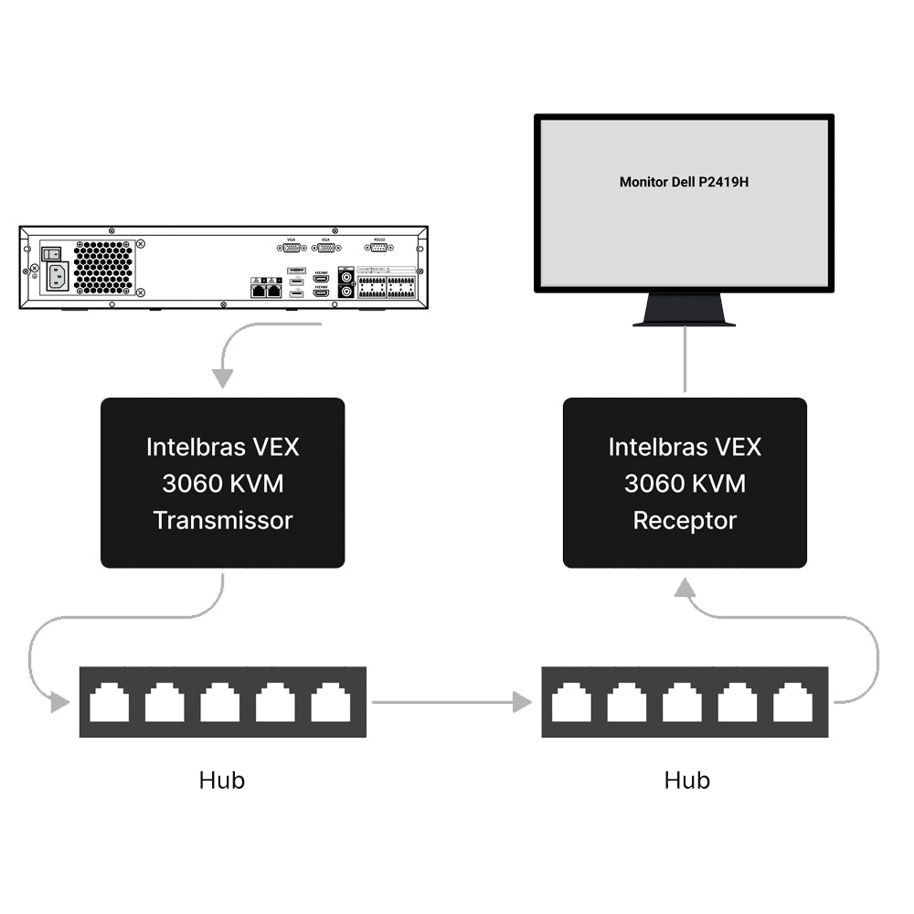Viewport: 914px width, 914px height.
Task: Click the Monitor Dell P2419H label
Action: click(684, 182)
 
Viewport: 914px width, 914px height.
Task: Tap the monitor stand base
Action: click(685, 315)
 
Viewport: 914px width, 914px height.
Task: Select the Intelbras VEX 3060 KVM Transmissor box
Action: click(222, 483)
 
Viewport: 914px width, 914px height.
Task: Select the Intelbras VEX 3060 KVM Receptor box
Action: click(685, 483)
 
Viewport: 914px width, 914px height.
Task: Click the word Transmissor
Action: click(222, 520)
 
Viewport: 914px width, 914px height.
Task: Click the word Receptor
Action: click(685, 520)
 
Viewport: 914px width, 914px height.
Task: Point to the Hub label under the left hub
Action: click(222, 780)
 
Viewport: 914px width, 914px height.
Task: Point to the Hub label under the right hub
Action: click(686, 780)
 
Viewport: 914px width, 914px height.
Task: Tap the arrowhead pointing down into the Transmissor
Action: click(222, 377)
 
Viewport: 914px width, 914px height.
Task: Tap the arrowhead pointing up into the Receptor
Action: click(685, 590)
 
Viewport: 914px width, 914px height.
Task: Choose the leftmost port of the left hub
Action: click(110, 703)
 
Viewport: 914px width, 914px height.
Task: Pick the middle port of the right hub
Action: click(683, 703)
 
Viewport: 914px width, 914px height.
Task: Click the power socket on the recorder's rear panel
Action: click(57, 276)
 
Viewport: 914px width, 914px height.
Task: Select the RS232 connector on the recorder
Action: click(378, 246)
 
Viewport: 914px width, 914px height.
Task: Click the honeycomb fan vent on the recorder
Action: click(102, 267)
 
